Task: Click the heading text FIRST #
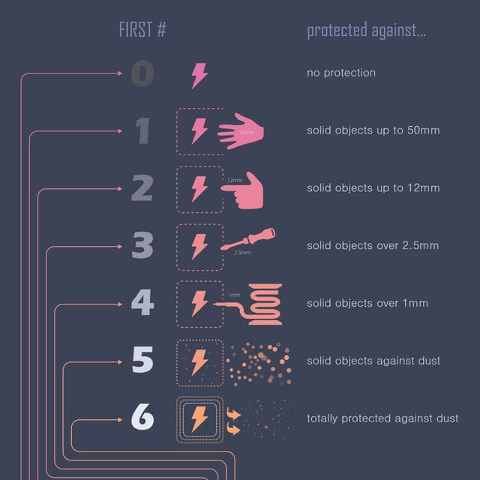tap(142, 30)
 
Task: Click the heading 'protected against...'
tap(366, 30)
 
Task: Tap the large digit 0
tap(142, 73)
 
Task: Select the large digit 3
tap(142, 245)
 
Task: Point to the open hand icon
tap(241, 131)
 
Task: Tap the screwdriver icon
tap(248, 238)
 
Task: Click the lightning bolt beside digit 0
tap(199, 76)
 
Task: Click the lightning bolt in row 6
tap(199, 419)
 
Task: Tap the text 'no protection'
tap(341, 73)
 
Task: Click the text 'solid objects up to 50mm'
tap(373, 130)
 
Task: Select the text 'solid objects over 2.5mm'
tap(373, 245)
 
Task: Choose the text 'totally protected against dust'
tap(382, 418)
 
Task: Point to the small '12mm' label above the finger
tap(235, 180)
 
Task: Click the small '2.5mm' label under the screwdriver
tap(242, 253)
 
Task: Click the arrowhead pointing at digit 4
tap(120, 304)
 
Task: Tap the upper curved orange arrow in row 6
tap(233, 413)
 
